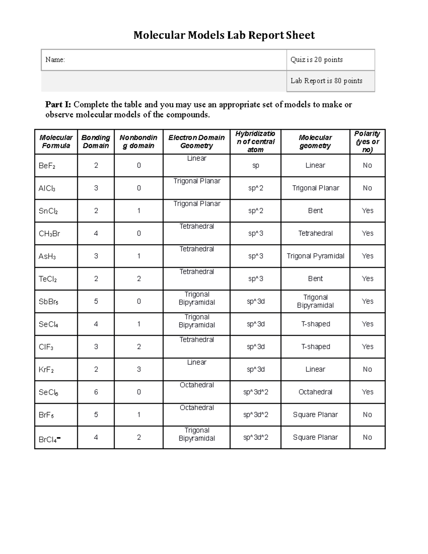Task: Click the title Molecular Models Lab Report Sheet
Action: click(x=224, y=35)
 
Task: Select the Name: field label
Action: click(x=55, y=60)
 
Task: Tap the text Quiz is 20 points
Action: click(x=316, y=60)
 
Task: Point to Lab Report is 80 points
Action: click(x=326, y=81)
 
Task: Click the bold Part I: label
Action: click(x=58, y=105)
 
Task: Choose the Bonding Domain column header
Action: click(x=96, y=142)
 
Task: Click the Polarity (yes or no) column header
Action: click(x=367, y=142)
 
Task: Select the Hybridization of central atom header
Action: click(x=255, y=142)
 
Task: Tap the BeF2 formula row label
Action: click(x=47, y=166)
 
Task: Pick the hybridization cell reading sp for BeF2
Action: click(x=255, y=166)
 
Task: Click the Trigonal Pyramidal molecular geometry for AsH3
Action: click(x=315, y=256)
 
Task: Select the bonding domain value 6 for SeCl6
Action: click(x=96, y=392)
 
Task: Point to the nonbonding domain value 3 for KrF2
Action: click(x=139, y=369)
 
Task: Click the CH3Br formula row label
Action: click(x=49, y=234)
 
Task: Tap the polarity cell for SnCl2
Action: click(x=367, y=211)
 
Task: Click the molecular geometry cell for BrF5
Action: click(x=315, y=415)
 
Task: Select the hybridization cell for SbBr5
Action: click(x=255, y=301)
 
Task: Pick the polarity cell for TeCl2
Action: click(x=367, y=279)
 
